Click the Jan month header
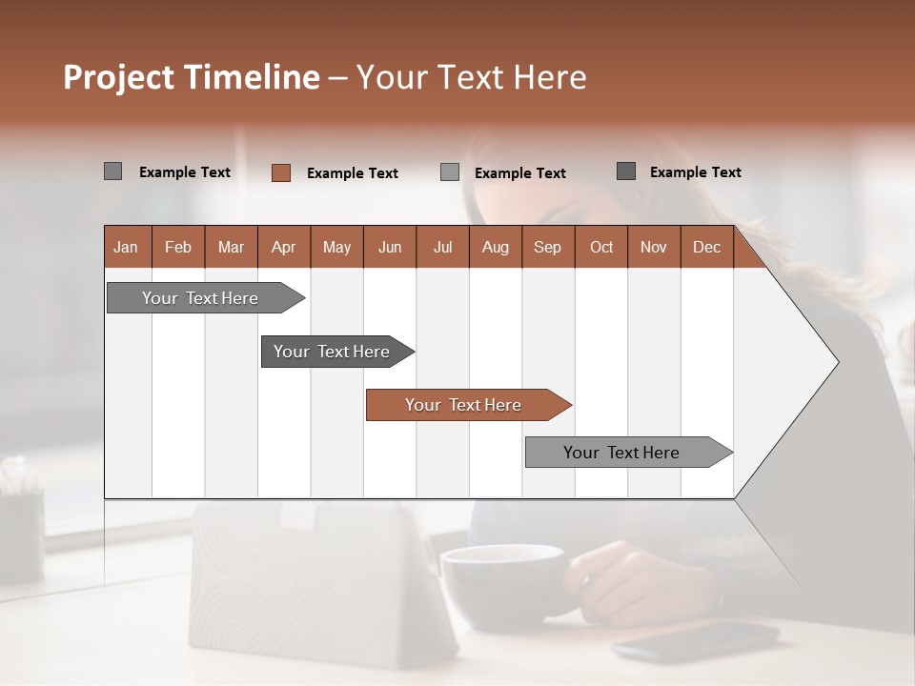coord(126,247)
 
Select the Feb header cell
coord(178,247)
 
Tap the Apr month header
coord(283,247)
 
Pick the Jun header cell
coord(390,247)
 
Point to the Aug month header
coord(495,247)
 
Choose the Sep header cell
coord(547,247)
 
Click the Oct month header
coord(601,247)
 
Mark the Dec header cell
coord(706,247)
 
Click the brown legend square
coord(281,172)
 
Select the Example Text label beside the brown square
coord(352,173)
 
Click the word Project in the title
coord(120,77)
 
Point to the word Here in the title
coord(550,77)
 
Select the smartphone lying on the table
coord(696,638)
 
